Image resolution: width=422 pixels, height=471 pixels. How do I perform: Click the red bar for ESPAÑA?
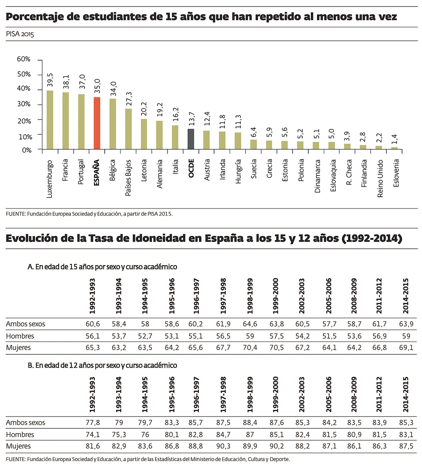pos(97,123)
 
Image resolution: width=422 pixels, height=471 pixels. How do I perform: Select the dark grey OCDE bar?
pos(191,139)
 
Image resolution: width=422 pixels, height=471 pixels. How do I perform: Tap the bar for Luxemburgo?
pos(50,120)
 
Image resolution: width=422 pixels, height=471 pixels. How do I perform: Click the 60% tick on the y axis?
pos(24,59)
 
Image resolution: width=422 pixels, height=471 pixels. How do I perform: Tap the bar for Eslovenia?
pos(394,148)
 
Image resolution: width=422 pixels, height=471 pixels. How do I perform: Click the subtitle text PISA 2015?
pos(20,34)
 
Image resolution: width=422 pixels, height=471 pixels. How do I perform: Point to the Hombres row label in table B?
pos(20,435)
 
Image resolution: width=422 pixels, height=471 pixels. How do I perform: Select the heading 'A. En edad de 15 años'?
pos(102,267)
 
